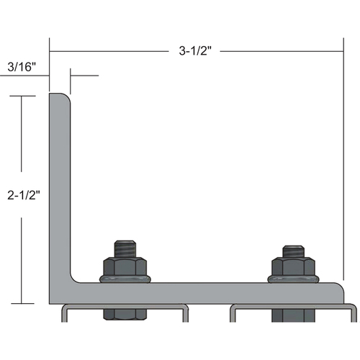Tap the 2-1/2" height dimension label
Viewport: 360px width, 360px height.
coord(23,195)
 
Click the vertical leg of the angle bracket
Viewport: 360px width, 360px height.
coord(59,187)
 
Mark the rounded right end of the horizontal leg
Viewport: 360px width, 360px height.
coord(341,292)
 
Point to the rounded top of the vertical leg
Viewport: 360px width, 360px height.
coord(59,96)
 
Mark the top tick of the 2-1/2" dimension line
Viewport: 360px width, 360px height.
coord(23,96)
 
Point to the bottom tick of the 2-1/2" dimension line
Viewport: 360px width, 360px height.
coord(23,303)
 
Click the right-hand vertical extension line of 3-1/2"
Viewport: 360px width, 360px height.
coord(343,166)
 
